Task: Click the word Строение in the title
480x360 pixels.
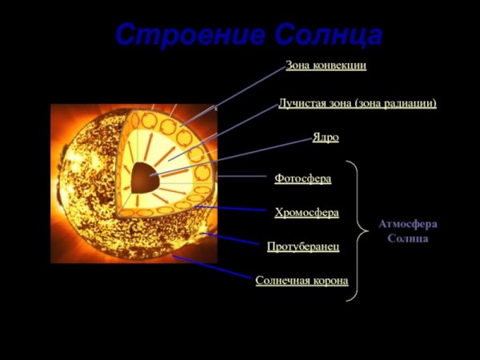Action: [189, 35]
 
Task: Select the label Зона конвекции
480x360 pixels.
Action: [326, 65]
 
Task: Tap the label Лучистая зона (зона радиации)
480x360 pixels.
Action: [357, 103]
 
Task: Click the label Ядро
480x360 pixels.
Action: [326, 138]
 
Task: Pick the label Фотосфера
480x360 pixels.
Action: [302, 178]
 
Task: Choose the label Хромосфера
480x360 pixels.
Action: [306, 213]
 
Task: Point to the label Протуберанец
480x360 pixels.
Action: [303, 246]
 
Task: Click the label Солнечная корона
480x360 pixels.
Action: [302, 281]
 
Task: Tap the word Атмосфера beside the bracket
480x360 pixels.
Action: [408, 225]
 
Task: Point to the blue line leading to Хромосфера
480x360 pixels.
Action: [232, 210]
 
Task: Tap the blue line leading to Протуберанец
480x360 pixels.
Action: [232, 240]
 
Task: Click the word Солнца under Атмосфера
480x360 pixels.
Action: [408, 238]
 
